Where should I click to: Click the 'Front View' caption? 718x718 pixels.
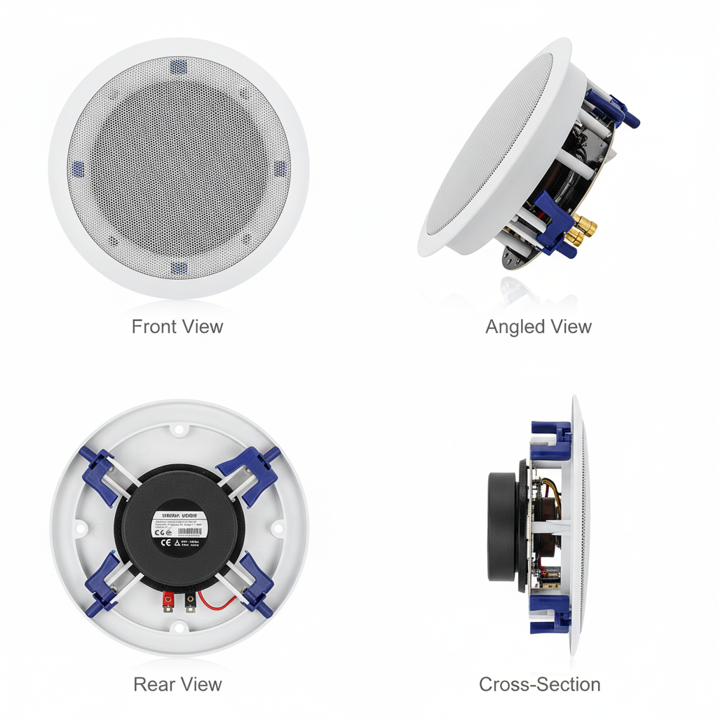pos(177,327)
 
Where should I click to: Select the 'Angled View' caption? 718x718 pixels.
pos(538,327)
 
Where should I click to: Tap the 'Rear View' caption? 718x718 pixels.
pos(177,684)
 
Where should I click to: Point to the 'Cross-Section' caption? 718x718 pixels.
pos(539,684)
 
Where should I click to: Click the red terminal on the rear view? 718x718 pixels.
pos(169,600)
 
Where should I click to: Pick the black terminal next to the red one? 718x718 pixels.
pos(190,601)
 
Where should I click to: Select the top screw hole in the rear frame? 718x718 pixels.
pos(179,428)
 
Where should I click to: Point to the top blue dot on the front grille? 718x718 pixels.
pos(178,67)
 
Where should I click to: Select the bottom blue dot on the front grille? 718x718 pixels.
pos(179,268)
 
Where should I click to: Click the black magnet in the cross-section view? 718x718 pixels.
pos(503,525)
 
